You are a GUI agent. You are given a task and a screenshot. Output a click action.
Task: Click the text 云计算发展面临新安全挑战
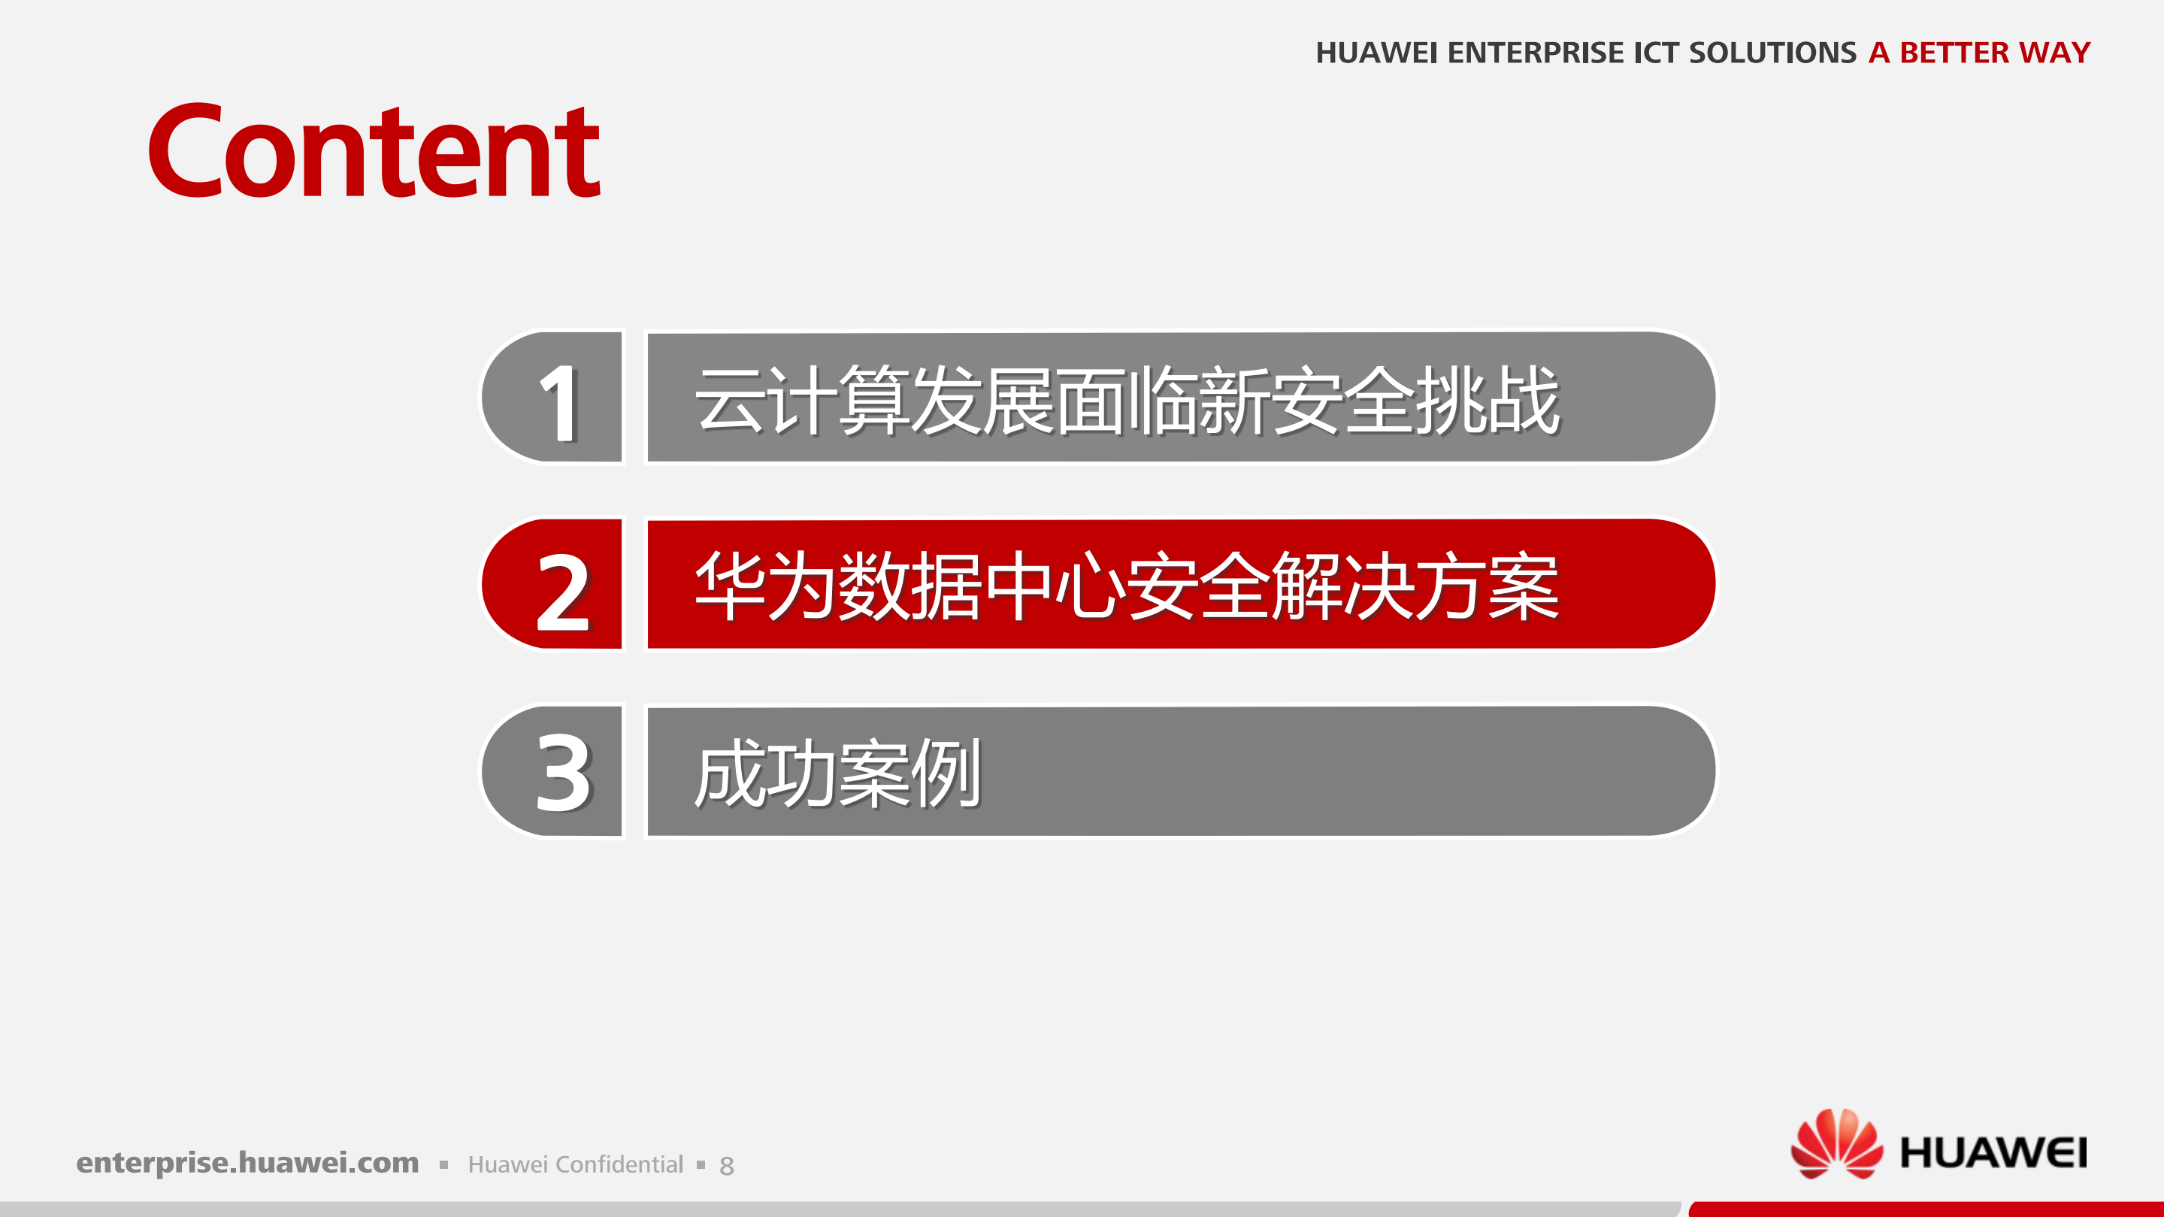1127,401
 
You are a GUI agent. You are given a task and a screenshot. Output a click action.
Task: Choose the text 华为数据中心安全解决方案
1127,586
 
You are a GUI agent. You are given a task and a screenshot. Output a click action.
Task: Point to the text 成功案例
837,773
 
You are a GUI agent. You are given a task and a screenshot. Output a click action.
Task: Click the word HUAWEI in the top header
1376,53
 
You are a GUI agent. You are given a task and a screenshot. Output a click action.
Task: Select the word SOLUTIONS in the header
1772,53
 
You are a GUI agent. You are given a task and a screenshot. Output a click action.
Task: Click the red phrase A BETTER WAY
1978,53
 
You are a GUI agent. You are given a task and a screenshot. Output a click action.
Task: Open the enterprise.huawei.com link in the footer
247,1162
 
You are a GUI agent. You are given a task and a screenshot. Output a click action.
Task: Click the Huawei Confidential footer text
576,1164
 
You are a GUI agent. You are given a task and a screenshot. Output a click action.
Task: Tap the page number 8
727,1166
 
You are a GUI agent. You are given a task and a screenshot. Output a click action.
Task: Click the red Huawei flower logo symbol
1836,1144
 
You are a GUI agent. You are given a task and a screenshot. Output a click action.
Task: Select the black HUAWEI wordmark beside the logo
1993,1152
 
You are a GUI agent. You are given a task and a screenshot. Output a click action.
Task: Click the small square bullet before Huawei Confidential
443,1165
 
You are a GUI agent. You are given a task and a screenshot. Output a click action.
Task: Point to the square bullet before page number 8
701,1165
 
